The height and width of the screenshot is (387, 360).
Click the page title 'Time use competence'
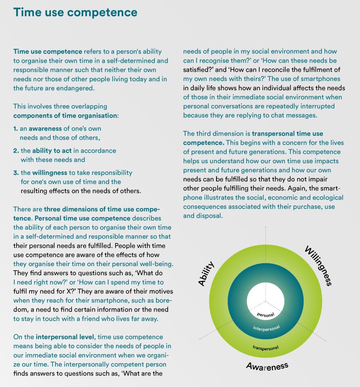(x=75, y=12)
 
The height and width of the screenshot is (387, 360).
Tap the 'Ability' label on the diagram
(x=207, y=273)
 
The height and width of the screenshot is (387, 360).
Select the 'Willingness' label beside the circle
(x=318, y=266)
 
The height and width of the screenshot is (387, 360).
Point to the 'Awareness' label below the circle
(x=267, y=366)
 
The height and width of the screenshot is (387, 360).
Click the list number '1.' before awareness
(x=15, y=128)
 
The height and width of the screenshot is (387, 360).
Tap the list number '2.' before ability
(x=16, y=150)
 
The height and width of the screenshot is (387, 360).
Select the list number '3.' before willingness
(x=16, y=173)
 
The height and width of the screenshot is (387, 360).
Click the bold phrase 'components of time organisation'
(x=65, y=115)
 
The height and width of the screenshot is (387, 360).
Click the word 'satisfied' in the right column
(x=195, y=70)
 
